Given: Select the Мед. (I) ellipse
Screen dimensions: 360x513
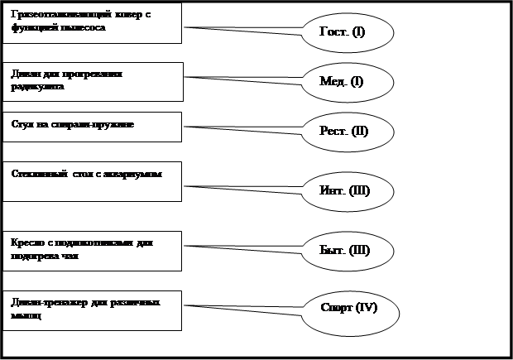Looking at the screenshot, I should click(341, 82).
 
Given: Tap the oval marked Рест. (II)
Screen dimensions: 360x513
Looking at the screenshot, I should click(343, 132).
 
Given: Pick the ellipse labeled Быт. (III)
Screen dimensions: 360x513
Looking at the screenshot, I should click(344, 249).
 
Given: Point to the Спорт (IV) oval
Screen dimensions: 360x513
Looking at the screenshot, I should click(348, 309).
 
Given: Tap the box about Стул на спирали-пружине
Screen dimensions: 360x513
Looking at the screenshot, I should click(91, 127).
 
